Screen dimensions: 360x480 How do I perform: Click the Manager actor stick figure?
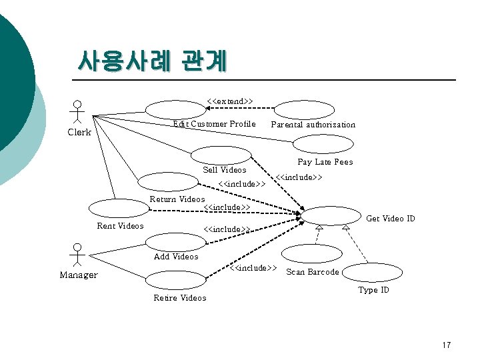coord(78,255)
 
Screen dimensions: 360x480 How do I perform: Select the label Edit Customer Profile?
coord(214,124)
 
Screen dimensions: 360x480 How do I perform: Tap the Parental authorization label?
coord(313,125)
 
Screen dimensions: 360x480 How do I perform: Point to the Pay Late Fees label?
coord(325,162)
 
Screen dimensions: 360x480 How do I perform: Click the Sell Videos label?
coord(224,170)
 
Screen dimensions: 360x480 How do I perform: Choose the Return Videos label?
coord(177,199)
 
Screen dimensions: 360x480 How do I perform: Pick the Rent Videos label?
coord(120,226)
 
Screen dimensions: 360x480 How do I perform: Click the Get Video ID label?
coord(391,219)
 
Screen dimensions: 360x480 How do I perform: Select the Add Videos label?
coord(176,257)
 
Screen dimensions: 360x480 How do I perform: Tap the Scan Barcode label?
coord(312,272)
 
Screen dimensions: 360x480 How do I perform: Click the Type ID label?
coord(373,290)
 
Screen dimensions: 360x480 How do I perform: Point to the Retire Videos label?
coord(180,298)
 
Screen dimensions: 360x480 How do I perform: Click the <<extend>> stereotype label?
coord(229,101)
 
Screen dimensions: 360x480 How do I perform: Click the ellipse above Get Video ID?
coord(331,215)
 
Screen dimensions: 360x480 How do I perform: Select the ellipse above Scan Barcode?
coord(311,253)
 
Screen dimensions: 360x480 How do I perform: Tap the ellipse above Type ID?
coord(373,272)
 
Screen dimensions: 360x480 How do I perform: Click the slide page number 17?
coord(446,345)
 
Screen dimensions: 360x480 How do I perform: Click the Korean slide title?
coord(152,61)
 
